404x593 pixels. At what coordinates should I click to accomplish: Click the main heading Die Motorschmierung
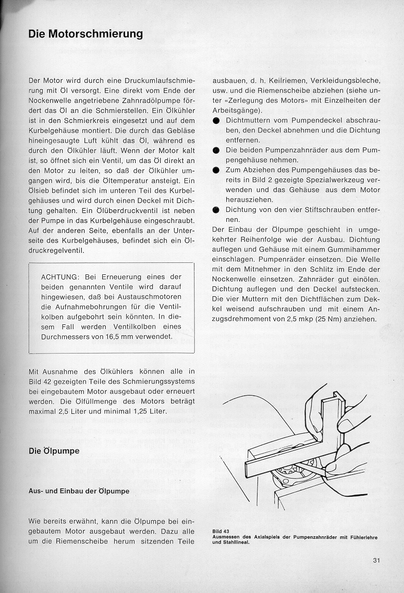(x=85, y=34)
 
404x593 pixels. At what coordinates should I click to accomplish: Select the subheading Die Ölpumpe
(x=54, y=451)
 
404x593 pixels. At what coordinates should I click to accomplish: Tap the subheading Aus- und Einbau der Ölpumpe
(x=79, y=491)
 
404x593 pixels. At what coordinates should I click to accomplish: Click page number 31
(x=377, y=561)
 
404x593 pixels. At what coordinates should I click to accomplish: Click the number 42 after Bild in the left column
(x=44, y=381)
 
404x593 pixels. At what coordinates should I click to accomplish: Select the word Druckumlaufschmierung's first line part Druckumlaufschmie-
(x=156, y=81)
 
